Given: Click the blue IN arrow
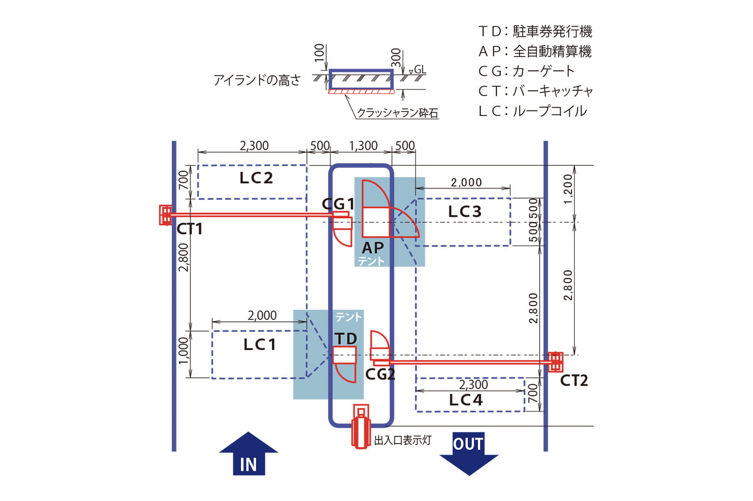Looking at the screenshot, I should [249, 455].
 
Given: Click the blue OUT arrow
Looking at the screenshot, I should [468, 452].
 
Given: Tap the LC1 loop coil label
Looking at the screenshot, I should [260, 344].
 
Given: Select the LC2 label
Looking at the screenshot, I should [256, 178].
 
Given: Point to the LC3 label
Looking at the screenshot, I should [465, 211].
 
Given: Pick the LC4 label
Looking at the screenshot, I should [466, 400].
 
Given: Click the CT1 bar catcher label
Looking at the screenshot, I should [189, 229].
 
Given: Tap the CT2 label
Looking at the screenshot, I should [573, 380].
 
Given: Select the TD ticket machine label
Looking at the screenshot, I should [346, 339].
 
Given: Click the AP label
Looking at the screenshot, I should [373, 247].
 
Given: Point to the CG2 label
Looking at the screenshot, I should [380, 374].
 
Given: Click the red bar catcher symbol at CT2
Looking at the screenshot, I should [555, 361].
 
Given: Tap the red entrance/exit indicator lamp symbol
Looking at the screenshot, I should [361, 426].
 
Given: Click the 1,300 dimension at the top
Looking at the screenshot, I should [363, 146].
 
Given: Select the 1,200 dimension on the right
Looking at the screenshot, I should [567, 189].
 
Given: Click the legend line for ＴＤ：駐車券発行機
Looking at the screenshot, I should [535, 31].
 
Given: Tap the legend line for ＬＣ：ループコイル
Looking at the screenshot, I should [532, 111].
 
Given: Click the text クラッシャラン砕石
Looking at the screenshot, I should [398, 112].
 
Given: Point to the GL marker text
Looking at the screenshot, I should [420, 70].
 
